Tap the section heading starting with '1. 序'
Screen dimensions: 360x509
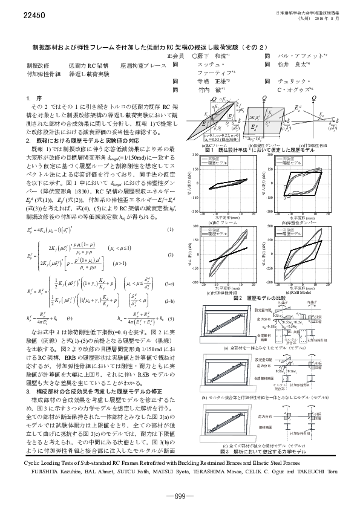31,98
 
